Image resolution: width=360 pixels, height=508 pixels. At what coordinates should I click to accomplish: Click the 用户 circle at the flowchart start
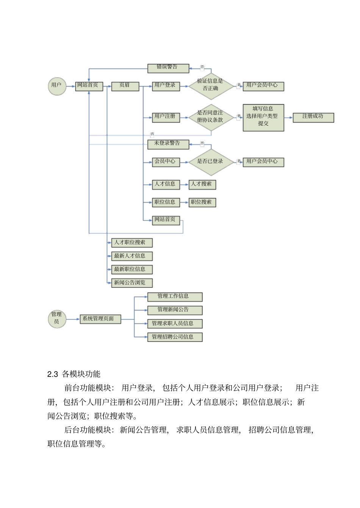57,86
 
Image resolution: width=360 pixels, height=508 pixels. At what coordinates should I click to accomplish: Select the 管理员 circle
57,319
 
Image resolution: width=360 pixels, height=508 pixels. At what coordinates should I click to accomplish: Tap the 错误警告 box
168,68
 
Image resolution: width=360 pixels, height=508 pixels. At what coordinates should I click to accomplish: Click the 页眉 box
125,86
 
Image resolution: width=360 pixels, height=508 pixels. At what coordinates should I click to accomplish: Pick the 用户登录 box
166,86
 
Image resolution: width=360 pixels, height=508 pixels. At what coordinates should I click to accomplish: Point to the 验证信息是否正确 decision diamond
211,86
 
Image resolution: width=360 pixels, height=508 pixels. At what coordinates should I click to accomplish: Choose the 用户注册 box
166,117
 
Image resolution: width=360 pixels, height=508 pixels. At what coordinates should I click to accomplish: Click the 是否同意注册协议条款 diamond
211,117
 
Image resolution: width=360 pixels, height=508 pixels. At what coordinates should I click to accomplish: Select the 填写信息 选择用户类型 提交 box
263,117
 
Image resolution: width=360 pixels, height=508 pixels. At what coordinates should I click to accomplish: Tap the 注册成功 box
313,117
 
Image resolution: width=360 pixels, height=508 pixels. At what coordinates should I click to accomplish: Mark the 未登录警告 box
168,144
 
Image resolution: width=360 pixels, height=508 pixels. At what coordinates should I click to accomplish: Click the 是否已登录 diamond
211,162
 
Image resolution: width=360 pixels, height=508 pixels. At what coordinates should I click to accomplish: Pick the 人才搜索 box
202,184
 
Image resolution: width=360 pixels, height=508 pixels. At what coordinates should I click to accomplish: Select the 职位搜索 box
202,202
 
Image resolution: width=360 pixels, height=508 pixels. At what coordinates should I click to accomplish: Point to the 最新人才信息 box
131,256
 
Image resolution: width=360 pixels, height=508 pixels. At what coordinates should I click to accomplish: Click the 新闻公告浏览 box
131,283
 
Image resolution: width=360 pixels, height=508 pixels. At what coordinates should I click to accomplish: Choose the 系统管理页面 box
100,319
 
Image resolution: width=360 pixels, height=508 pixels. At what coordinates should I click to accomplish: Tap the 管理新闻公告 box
174,310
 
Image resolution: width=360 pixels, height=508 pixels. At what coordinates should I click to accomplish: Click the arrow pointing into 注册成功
289,117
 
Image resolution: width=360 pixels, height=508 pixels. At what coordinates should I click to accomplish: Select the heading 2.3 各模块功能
74,374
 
